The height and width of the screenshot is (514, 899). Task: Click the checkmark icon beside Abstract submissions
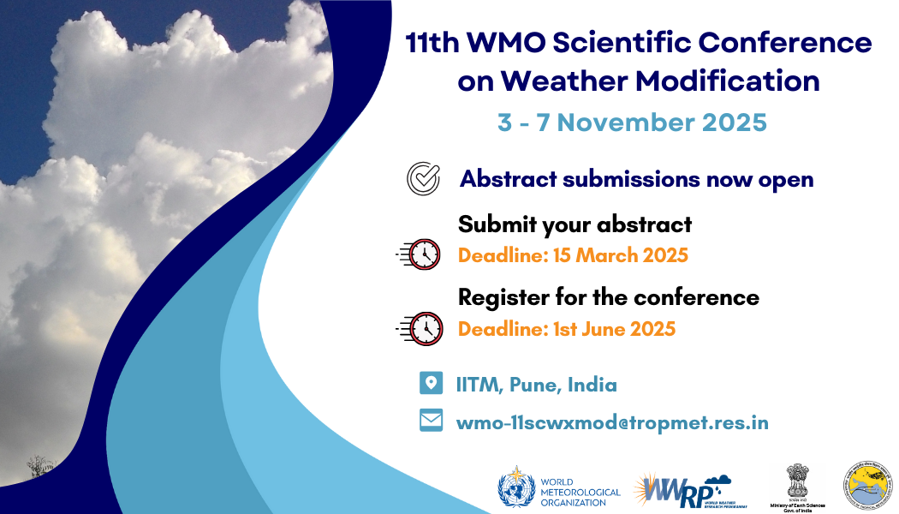422,179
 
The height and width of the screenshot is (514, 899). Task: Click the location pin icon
431,383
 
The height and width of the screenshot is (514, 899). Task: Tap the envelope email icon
431,421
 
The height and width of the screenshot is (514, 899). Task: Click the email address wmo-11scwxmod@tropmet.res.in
612,422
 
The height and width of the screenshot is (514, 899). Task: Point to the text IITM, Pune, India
536,385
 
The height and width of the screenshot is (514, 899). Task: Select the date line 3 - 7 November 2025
632,122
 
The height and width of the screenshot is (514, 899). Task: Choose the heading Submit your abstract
575,224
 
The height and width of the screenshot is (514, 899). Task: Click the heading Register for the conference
608,297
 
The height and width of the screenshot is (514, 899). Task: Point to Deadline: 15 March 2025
573,255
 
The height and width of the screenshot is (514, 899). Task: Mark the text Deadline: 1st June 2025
567,328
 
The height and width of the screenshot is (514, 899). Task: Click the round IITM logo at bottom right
868,487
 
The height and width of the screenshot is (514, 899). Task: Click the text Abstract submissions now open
636,180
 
